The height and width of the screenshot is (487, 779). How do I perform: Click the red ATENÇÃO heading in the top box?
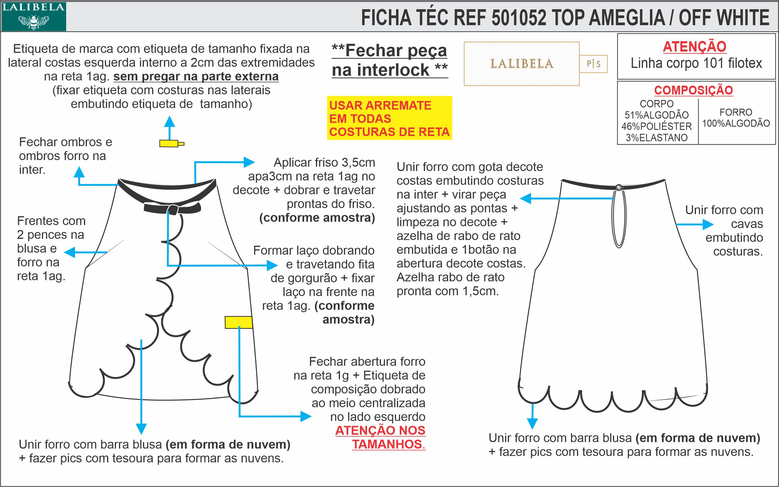coord(694,47)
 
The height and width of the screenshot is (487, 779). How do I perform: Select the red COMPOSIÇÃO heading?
coord(693,90)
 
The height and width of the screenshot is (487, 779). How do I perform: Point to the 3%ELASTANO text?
coord(656,138)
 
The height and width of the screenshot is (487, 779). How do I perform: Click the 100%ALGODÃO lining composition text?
coord(736,123)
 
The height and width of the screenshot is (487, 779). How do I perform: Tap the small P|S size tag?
coord(593,64)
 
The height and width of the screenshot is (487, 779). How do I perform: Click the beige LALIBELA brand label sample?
coord(522,64)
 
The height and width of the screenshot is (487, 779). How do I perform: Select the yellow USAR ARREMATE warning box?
coord(389,118)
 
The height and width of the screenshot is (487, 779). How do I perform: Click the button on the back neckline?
coord(619,187)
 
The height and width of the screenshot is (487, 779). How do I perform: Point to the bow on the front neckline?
coord(172,209)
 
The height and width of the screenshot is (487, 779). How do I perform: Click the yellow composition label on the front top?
coord(239,322)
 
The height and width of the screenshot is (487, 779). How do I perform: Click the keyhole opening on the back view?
coord(619,219)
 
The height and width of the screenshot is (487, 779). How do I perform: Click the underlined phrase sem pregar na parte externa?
coord(196,77)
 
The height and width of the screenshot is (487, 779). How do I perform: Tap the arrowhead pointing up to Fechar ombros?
coord(79,172)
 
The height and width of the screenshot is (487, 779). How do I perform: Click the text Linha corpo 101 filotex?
coord(696,63)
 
